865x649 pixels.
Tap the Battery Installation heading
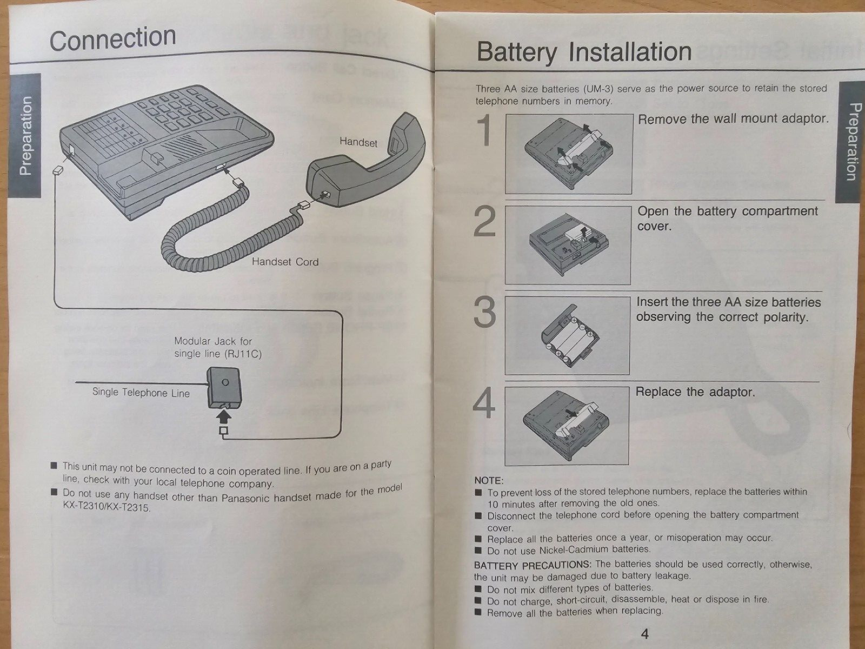click(584, 52)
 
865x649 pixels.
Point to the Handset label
click(358, 142)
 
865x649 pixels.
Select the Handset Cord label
click(285, 262)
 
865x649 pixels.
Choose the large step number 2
click(485, 222)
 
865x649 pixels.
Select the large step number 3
click(485, 313)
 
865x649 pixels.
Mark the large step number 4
click(484, 403)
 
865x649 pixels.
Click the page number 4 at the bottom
click(644, 633)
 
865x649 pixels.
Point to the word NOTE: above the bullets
click(489, 480)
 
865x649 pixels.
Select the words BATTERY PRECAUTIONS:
click(533, 566)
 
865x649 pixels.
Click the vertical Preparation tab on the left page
click(25, 136)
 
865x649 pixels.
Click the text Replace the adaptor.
click(695, 392)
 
